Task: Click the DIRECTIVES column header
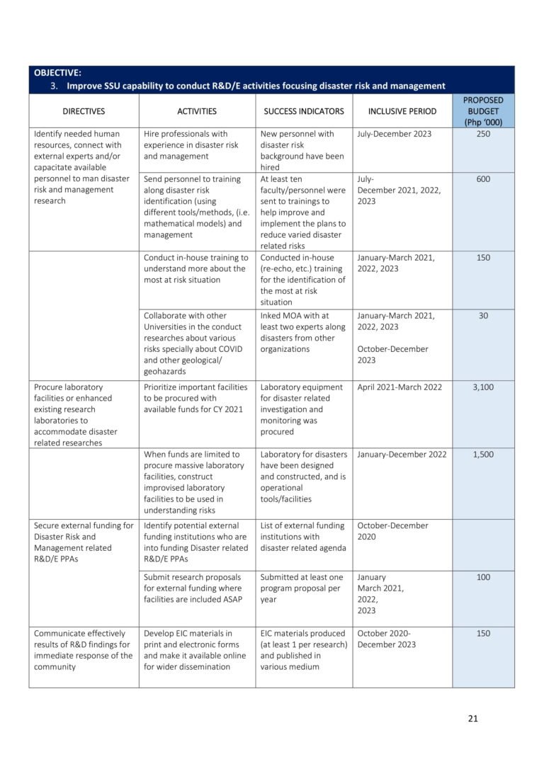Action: (84, 111)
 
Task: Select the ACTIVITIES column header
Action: (197, 111)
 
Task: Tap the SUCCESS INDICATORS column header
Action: (304, 111)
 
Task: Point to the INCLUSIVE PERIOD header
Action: (402, 111)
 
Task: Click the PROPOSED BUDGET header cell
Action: (483, 111)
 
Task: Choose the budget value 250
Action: (483, 134)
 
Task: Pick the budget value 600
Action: (483, 179)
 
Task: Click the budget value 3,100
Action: (483, 387)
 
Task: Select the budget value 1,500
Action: (483, 455)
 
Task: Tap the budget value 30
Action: (483, 316)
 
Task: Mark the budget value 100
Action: (483, 578)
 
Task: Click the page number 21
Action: (473, 719)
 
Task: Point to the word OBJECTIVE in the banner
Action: (57, 72)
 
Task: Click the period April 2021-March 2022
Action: (400, 387)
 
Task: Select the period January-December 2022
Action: (402, 455)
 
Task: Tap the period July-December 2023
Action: (394, 134)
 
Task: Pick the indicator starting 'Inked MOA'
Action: (302, 332)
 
